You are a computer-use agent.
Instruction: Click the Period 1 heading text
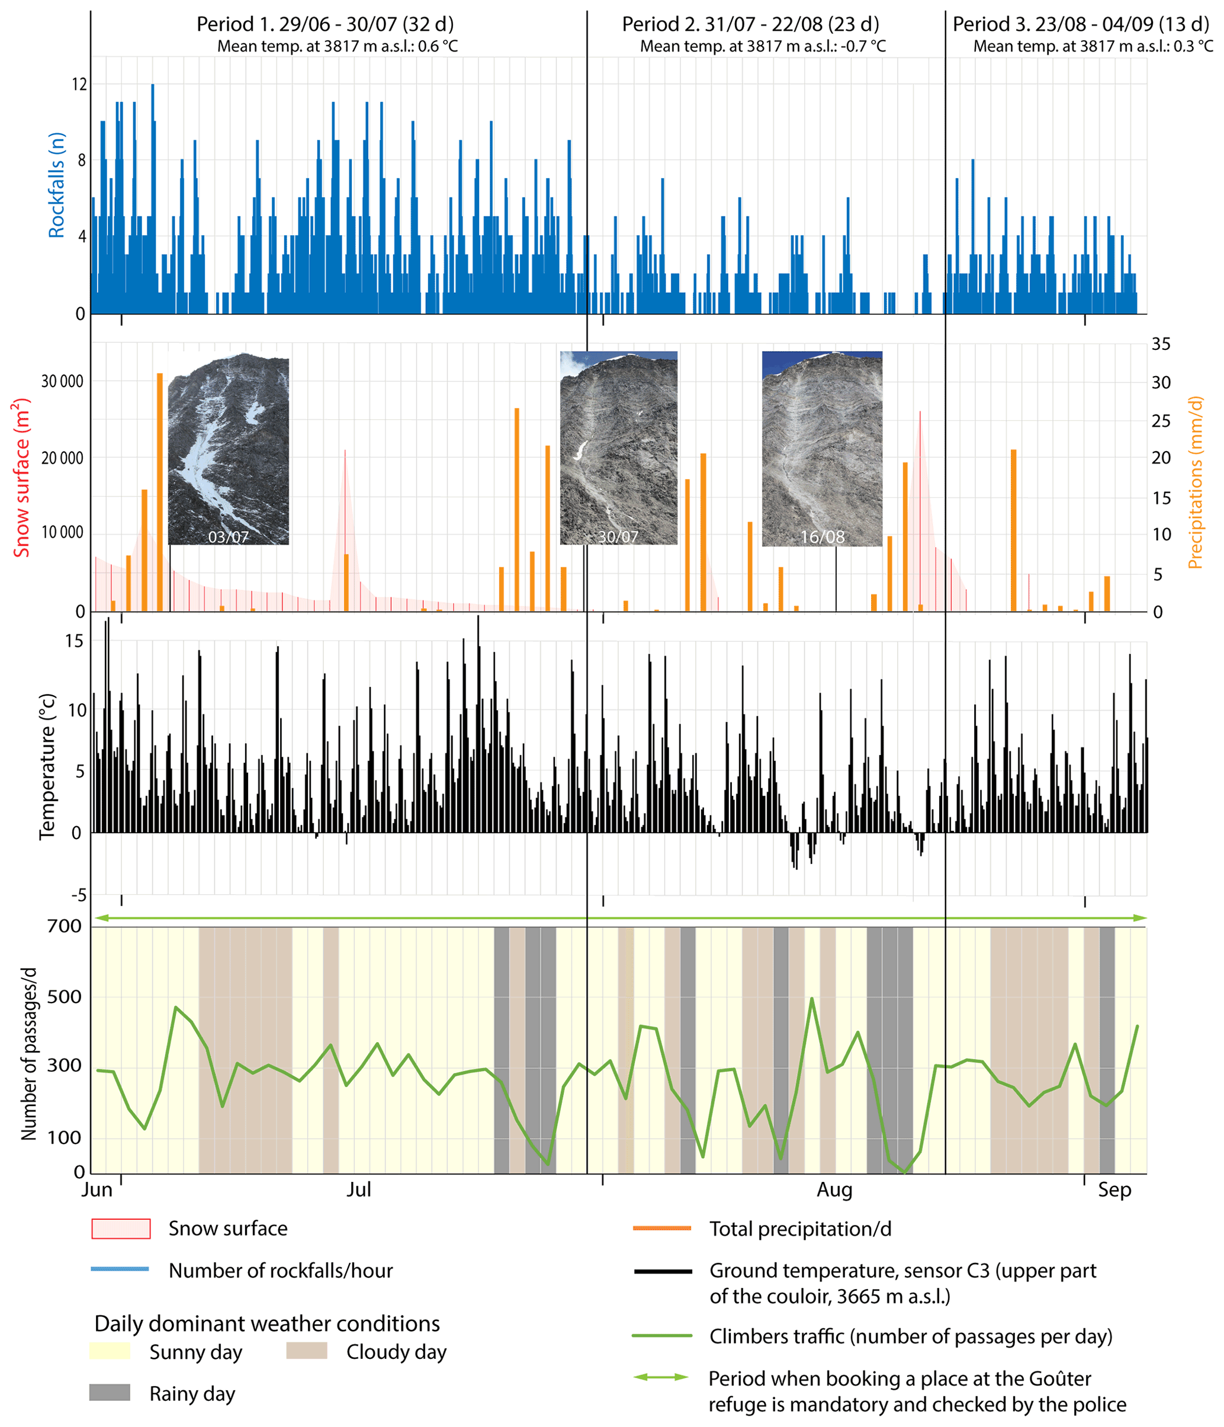coord(325,25)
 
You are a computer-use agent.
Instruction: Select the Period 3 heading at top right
coord(1080,25)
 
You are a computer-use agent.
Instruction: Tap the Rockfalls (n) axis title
coord(56,185)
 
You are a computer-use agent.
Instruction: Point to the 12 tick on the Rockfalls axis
coord(79,85)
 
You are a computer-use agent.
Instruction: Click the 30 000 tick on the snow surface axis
coord(62,381)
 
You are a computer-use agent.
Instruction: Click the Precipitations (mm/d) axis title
coord(1195,482)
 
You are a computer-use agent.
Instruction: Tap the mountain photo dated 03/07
coord(229,449)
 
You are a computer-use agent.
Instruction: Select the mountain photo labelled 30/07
coord(619,448)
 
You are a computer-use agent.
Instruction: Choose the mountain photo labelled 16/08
coord(822,449)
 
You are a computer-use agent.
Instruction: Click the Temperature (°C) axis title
coord(47,766)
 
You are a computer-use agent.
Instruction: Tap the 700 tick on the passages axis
coord(64,926)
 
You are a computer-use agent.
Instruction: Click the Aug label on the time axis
coord(834,1190)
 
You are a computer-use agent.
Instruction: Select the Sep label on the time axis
coord(1114,1190)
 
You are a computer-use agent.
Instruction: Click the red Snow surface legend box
coord(121,1229)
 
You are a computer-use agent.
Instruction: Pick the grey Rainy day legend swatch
coord(110,1393)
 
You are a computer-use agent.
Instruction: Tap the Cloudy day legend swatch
coord(307,1351)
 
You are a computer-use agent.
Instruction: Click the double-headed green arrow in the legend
coord(661,1377)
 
